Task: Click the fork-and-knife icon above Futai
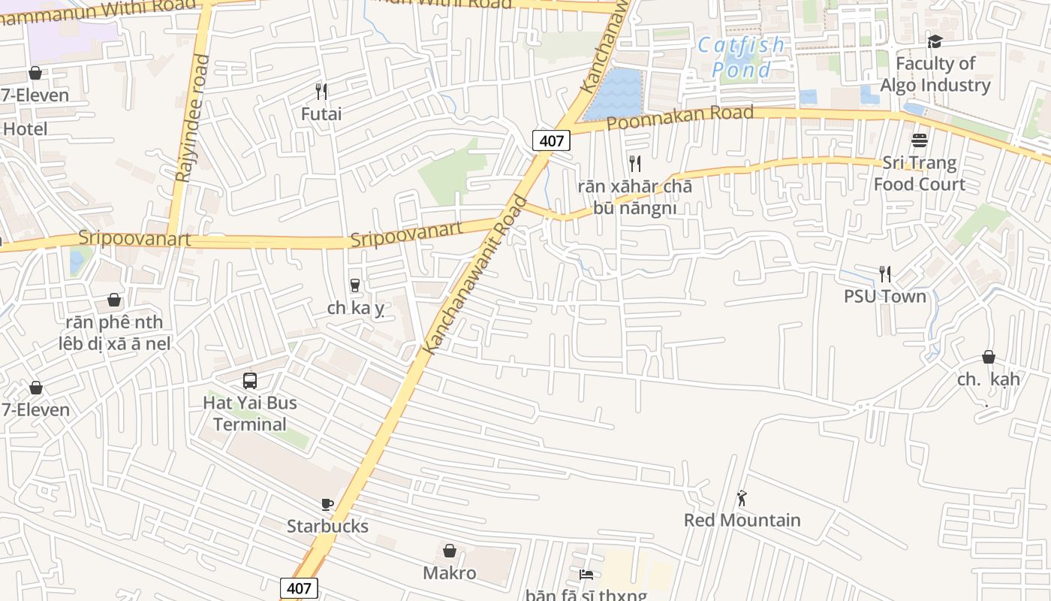[x=321, y=92]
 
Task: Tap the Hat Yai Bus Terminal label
[x=250, y=413]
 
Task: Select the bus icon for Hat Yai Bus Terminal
[x=250, y=381]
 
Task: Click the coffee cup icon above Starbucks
[x=327, y=504]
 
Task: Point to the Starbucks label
[x=327, y=526]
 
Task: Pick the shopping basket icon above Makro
[x=450, y=551]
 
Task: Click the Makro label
[x=450, y=573]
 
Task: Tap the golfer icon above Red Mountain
[x=742, y=498]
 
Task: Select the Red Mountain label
[x=742, y=520]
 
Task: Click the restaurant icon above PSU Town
[x=885, y=274]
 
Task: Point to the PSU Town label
[x=885, y=296]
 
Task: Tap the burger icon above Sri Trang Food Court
[x=920, y=140]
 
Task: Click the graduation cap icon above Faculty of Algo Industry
[x=935, y=41]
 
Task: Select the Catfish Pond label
[x=741, y=57]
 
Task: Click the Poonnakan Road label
[x=679, y=117]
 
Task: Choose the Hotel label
[x=25, y=128]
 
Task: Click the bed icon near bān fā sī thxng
[x=586, y=575]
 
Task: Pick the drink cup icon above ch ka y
[x=355, y=285]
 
